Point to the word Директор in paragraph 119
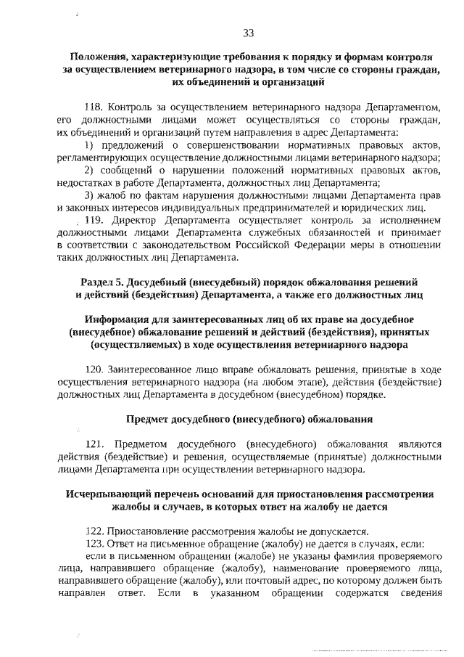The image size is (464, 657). (133, 220)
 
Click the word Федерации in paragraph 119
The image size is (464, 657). (298, 245)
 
